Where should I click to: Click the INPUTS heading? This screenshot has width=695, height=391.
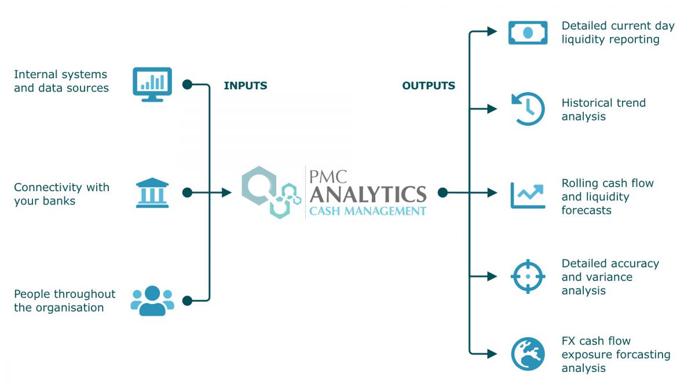tap(246, 86)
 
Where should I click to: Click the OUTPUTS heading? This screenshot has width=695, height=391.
tap(429, 86)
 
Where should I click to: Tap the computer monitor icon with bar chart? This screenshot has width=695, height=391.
tap(152, 84)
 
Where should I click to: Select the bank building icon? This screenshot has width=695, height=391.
tap(152, 192)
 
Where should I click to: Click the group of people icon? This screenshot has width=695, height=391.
tap(152, 301)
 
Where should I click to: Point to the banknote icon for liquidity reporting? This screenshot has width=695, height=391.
tap(528, 32)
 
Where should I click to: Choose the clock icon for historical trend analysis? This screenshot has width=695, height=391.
tap(528, 109)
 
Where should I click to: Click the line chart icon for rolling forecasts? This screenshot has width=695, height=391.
tap(528, 195)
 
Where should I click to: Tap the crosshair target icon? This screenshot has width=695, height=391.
tap(528, 276)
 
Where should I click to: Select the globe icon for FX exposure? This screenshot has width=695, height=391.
tap(528, 354)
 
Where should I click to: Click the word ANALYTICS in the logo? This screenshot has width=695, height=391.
tap(368, 193)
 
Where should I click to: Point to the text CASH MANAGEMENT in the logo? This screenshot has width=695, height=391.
tap(368, 211)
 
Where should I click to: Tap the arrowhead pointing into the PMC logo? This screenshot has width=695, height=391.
tap(227, 192)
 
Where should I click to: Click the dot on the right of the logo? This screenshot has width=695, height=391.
tap(442, 192)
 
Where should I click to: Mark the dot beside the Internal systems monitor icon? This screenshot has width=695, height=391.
tap(187, 85)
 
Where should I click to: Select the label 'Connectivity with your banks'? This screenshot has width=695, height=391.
tap(61, 194)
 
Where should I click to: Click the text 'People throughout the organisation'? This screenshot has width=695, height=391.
tap(64, 301)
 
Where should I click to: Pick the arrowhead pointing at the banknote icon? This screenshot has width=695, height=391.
tap(492, 31)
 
